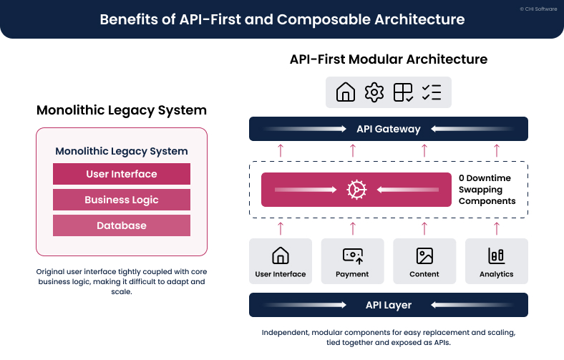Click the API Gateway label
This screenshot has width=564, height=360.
[388, 129]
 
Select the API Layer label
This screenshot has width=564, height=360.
[388, 305]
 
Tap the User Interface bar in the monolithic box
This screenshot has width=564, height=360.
[122, 174]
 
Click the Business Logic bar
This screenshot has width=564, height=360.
[122, 200]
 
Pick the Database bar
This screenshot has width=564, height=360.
[122, 225]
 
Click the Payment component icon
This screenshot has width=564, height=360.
[352, 256]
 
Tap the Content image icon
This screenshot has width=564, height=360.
[424, 256]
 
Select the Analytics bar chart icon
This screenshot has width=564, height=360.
[497, 256]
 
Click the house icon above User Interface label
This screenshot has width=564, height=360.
[281, 256]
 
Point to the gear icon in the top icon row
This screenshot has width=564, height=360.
[374, 92]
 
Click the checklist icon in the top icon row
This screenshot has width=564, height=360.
[432, 92]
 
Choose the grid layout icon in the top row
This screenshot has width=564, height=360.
[403, 92]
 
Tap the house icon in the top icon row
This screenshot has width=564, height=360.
[346, 92]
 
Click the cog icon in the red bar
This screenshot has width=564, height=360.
[356, 190]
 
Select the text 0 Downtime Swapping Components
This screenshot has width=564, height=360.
[487, 190]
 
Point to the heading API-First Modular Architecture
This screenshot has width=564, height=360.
[389, 59]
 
